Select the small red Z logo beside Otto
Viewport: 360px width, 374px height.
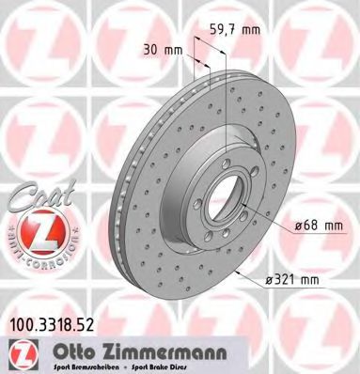(x=20, y=353)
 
